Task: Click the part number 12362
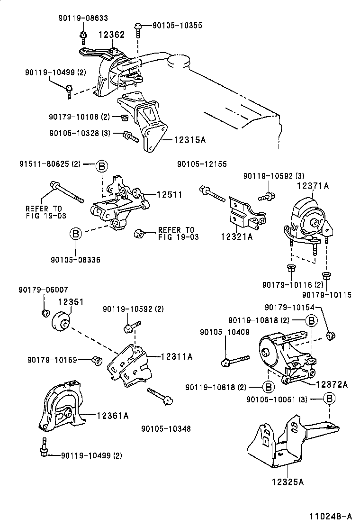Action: (111, 35)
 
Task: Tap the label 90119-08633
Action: (83, 18)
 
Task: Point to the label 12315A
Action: (189, 139)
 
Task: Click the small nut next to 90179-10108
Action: (124, 117)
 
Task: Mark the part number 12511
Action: (169, 194)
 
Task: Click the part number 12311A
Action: (176, 356)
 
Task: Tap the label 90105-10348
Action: (165, 429)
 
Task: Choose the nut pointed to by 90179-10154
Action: (331, 336)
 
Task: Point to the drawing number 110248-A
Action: (331, 516)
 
